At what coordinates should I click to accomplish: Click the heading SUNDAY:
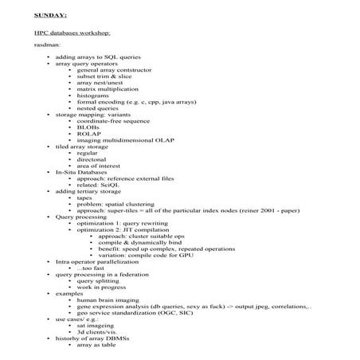[49, 14]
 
